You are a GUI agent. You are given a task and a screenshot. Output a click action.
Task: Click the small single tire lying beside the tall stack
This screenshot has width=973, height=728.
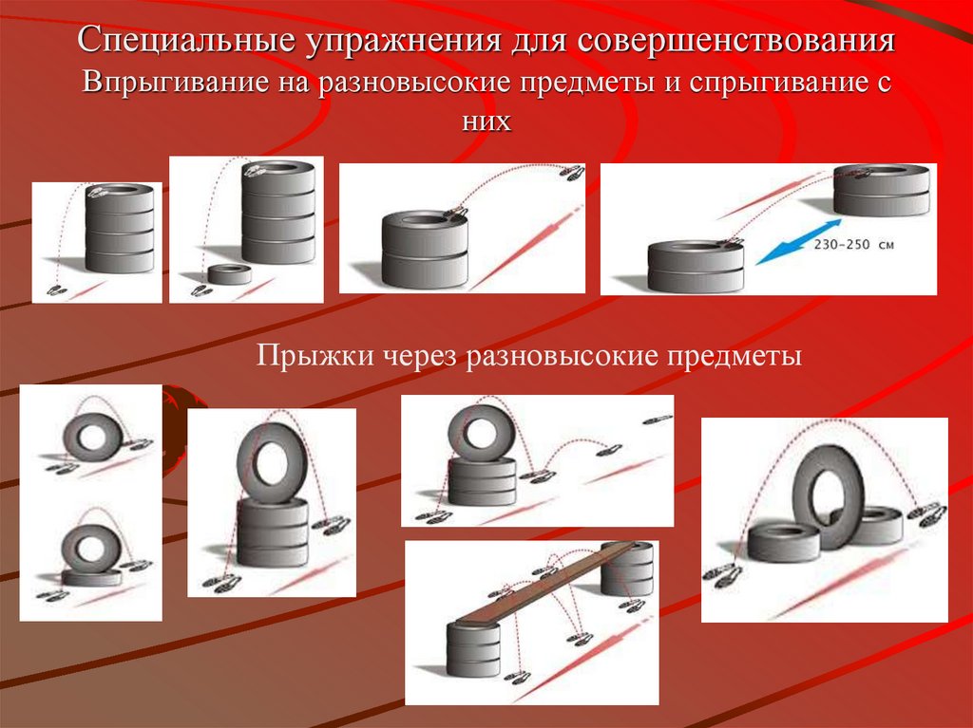pos(229,274)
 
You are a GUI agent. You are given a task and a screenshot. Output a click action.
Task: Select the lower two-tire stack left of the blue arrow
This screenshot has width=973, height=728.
pos(694,267)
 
